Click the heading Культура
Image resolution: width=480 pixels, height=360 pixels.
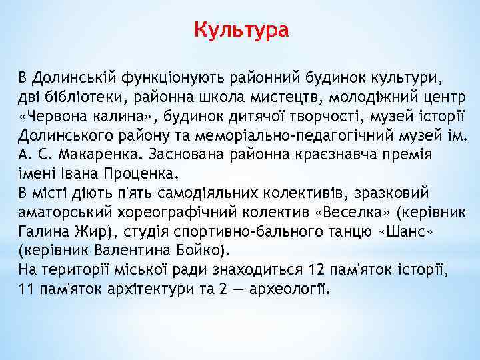241,30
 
